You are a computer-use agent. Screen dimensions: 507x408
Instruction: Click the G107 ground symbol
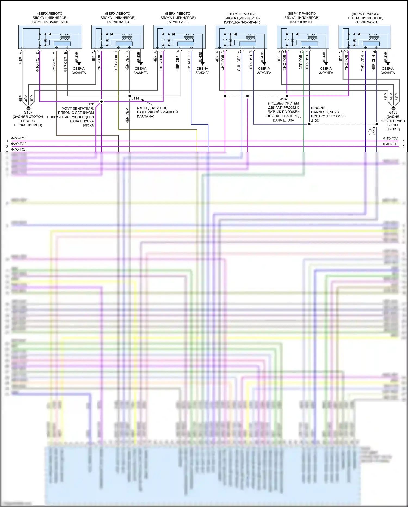(28, 108)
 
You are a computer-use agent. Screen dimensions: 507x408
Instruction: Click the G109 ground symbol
(393, 108)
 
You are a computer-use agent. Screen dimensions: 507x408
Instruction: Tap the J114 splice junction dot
(129, 96)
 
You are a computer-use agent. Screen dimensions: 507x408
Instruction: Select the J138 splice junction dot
(101, 102)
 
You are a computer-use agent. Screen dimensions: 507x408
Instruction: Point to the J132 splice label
(315, 120)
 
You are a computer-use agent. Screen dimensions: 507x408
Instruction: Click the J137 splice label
(284, 99)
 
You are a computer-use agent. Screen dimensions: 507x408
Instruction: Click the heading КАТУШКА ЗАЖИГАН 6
(50, 22)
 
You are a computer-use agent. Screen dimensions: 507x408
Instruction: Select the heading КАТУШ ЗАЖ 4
(118, 22)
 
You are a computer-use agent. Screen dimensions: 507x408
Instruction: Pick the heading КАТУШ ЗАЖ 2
(178, 22)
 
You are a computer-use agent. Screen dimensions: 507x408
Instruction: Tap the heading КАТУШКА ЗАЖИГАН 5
(242, 22)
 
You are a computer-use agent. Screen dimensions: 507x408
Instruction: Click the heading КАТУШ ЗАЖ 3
(302, 22)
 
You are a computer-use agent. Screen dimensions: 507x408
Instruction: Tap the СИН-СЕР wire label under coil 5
(239, 63)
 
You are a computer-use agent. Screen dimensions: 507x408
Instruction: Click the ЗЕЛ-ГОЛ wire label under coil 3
(301, 62)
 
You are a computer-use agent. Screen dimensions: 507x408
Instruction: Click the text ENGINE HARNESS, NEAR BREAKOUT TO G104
(328, 112)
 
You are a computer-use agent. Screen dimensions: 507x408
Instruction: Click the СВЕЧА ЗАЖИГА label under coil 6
(79, 71)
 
